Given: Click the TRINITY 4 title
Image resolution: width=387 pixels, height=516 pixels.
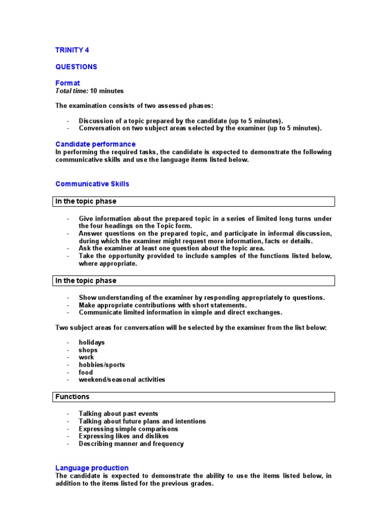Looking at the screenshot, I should [x=72, y=50].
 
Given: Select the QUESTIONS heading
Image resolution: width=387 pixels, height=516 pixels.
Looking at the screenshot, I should [x=76, y=67].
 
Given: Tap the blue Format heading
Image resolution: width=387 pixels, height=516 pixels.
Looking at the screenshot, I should [x=68, y=83].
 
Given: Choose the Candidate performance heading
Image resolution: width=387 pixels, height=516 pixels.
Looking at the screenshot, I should [x=95, y=144].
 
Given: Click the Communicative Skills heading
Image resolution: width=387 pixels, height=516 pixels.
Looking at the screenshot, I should [x=92, y=184].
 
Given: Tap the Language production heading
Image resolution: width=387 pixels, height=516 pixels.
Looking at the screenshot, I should [x=92, y=468].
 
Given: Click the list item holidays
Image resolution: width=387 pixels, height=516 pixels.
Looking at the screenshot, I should [x=92, y=342].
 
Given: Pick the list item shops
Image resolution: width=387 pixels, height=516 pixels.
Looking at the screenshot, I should [x=88, y=350].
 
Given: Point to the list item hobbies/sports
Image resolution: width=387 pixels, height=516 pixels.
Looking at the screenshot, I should [x=102, y=364].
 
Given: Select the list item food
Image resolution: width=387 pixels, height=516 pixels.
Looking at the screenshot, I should [x=86, y=372].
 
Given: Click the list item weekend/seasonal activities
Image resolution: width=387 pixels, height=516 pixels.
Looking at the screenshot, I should [x=121, y=379].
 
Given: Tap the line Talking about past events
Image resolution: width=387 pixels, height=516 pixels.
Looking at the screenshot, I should [x=118, y=414].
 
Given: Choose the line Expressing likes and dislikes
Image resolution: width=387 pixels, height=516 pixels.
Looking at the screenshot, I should [x=124, y=436].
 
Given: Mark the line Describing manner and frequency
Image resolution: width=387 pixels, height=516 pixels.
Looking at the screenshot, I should [x=131, y=443].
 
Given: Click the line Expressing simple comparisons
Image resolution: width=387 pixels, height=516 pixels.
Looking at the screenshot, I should [x=128, y=429].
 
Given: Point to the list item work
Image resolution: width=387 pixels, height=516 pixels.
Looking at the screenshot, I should [x=86, y=357].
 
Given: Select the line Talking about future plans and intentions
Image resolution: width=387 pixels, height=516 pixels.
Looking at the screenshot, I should [x=142, y=421].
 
